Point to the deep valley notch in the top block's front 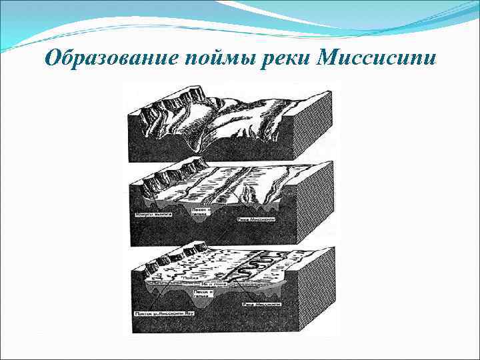pos(195,140)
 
